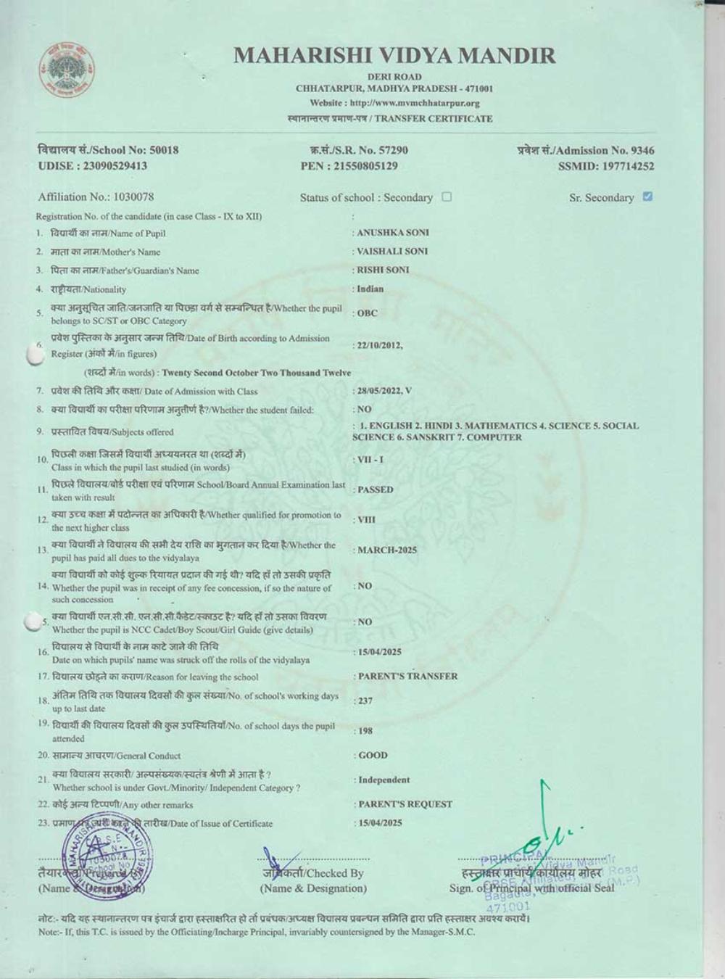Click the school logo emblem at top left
click(67, 70)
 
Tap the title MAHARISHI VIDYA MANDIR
click(394, 55)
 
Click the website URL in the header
click(394, 103)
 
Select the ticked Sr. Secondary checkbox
click(647, 197)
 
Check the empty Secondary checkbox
click(447, 197)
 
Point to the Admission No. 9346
click(586, 151)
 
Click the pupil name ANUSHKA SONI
click(392, 233)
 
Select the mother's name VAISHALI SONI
click(392, 252)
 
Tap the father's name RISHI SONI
click(383, 270)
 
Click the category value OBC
click(368, 313)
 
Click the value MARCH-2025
click(387, 550)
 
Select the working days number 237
click(365, 701)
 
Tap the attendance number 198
click(365, 731)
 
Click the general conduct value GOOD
click(373, 756)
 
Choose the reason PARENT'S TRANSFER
click(407, 677)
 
